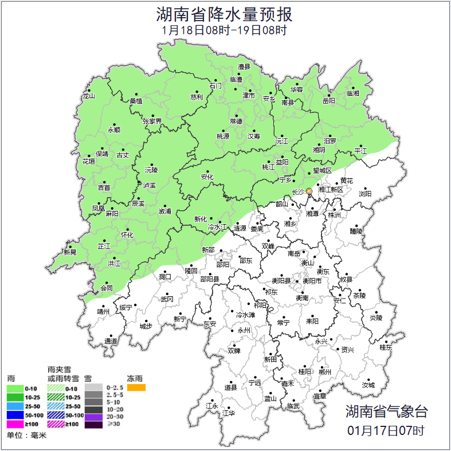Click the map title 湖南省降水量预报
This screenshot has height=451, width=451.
(225, 13)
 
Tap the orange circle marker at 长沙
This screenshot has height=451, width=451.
(309, 191)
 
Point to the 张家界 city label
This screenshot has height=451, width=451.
(152, 121)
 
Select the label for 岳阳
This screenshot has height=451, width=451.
(328, 101)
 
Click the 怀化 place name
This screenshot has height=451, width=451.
(127, 235)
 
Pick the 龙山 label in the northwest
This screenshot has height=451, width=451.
(88, 96)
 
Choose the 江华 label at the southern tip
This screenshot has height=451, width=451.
(229, 413)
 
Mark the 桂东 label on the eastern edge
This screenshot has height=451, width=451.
(386, 347)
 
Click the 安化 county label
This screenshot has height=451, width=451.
(207, 177)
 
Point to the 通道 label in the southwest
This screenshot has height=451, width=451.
(111, 342)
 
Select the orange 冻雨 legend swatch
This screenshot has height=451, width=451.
(136, 388)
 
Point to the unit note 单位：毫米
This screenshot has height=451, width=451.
(26, 436)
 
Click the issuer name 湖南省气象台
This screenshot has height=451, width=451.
(386, 411)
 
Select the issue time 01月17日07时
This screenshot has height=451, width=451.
(386, 430)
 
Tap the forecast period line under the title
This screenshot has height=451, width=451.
(225, 29)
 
